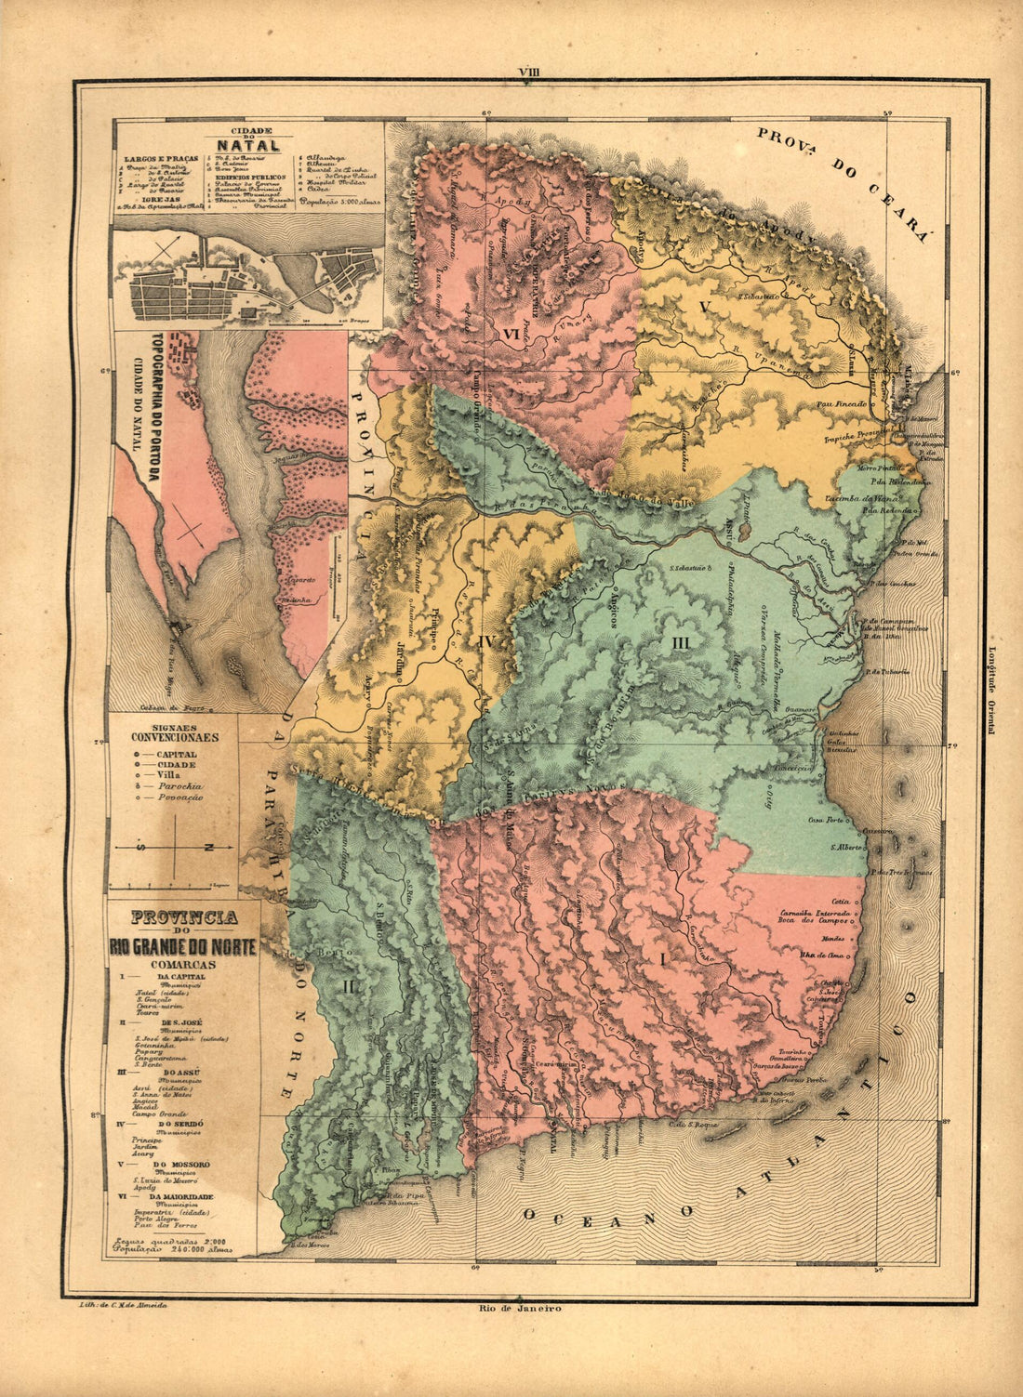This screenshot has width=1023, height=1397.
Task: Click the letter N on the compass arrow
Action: pos(206,847)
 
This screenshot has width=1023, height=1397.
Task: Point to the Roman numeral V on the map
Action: pos(704,307)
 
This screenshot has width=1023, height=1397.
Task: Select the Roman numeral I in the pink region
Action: pos(662,957)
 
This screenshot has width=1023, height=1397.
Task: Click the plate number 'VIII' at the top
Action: pos(530,71)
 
